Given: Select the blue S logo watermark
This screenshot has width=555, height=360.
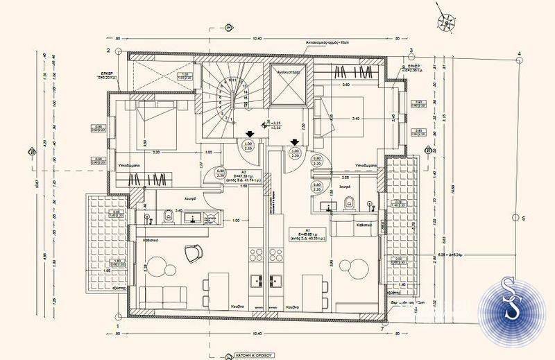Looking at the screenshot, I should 515,309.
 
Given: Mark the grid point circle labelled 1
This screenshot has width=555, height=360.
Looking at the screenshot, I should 118,325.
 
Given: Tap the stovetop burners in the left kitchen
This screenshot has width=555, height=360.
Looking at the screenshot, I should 253,281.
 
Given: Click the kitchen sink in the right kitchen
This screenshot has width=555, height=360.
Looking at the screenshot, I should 273,281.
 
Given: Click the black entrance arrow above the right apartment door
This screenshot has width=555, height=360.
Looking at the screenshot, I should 295,142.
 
